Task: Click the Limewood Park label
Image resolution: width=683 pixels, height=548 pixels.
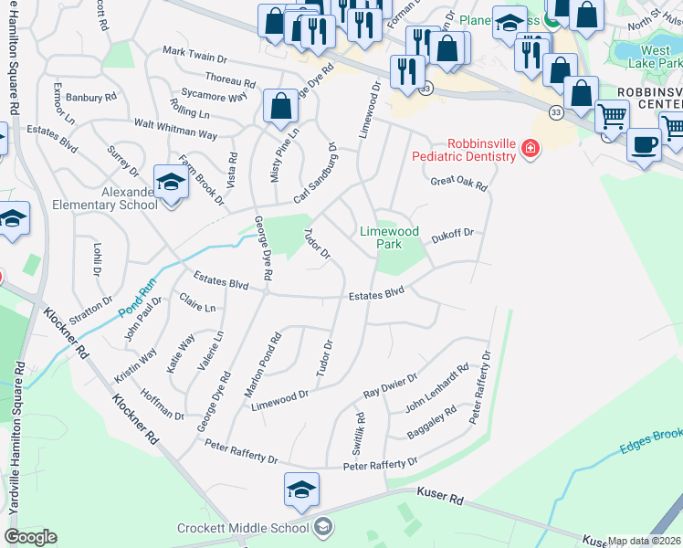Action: coord(389,237)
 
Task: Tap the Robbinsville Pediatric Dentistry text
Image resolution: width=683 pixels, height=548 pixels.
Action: coord(481,150)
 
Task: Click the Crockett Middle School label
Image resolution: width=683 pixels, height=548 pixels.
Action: coord(244,528)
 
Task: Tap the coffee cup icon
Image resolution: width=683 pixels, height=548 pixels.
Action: coord(645,143)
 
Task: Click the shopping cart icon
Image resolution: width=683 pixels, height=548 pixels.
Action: coord(612,116)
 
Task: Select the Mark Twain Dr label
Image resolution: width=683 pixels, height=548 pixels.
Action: coord(194,57)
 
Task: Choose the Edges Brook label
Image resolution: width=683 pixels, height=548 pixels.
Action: coord(652,442)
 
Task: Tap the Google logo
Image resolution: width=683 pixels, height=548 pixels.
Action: coord(30,537)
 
